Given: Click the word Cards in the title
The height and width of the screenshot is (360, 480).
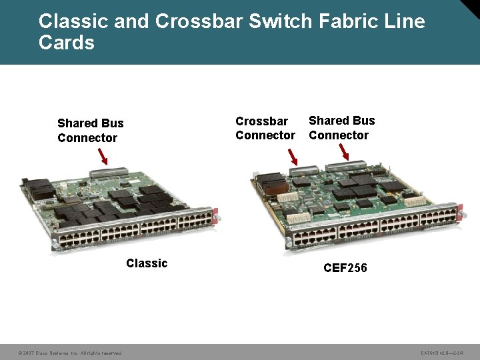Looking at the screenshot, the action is click(x=67, y=43).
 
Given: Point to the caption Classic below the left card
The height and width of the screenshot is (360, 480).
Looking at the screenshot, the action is click(x=147, y=263).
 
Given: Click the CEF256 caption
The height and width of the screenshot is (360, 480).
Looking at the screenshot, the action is click(x=345, y=268).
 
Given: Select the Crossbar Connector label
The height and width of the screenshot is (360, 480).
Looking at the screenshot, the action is click(x=265, y=128).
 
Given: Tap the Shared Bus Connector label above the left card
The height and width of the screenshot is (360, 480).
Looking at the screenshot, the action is click(x=90, y=131).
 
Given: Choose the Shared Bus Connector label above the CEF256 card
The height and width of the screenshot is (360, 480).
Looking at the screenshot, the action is click(x=341, y=127).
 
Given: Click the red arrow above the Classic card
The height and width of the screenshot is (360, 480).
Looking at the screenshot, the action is click(x=103, y=157).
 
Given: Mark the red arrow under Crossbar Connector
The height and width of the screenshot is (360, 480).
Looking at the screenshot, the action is click(x=293, y=157).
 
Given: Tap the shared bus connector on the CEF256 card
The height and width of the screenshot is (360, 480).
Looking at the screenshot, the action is click(x=354, y=166).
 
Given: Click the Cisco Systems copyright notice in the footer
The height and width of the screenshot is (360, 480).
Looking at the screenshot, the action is click(x=69, y=353).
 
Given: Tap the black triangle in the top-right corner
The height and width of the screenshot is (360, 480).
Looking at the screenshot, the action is click(x=471, y=8).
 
